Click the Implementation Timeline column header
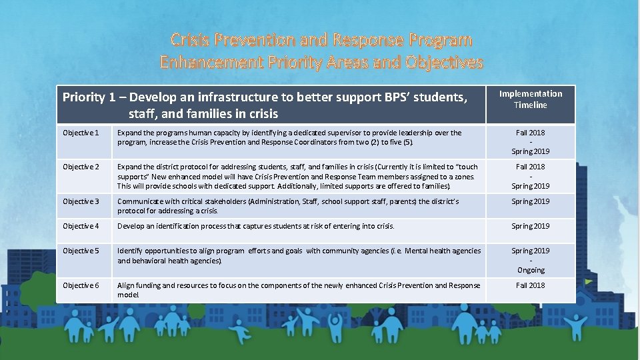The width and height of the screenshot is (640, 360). [x=531, y=99]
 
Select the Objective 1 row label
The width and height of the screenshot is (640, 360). [x=81, y=133]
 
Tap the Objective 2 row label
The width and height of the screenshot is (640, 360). [x=81, y=167]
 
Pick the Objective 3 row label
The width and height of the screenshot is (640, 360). [x=81, y=201]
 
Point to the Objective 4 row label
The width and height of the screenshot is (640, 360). [x=81, y=226]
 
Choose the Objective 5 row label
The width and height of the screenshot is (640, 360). [x=81, y=251]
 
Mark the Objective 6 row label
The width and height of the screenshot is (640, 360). [x=81, y=285]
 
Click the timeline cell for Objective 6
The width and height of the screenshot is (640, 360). [x=531, y=285]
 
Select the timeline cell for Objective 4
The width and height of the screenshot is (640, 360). [x=531, y=226]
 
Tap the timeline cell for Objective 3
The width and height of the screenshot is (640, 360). [x=531, y=201]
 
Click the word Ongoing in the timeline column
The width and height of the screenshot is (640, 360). [x=531, y=270]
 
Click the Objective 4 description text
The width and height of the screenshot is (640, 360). [x=255, y=226]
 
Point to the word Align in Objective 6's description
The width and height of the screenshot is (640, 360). [x=126, y=285]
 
